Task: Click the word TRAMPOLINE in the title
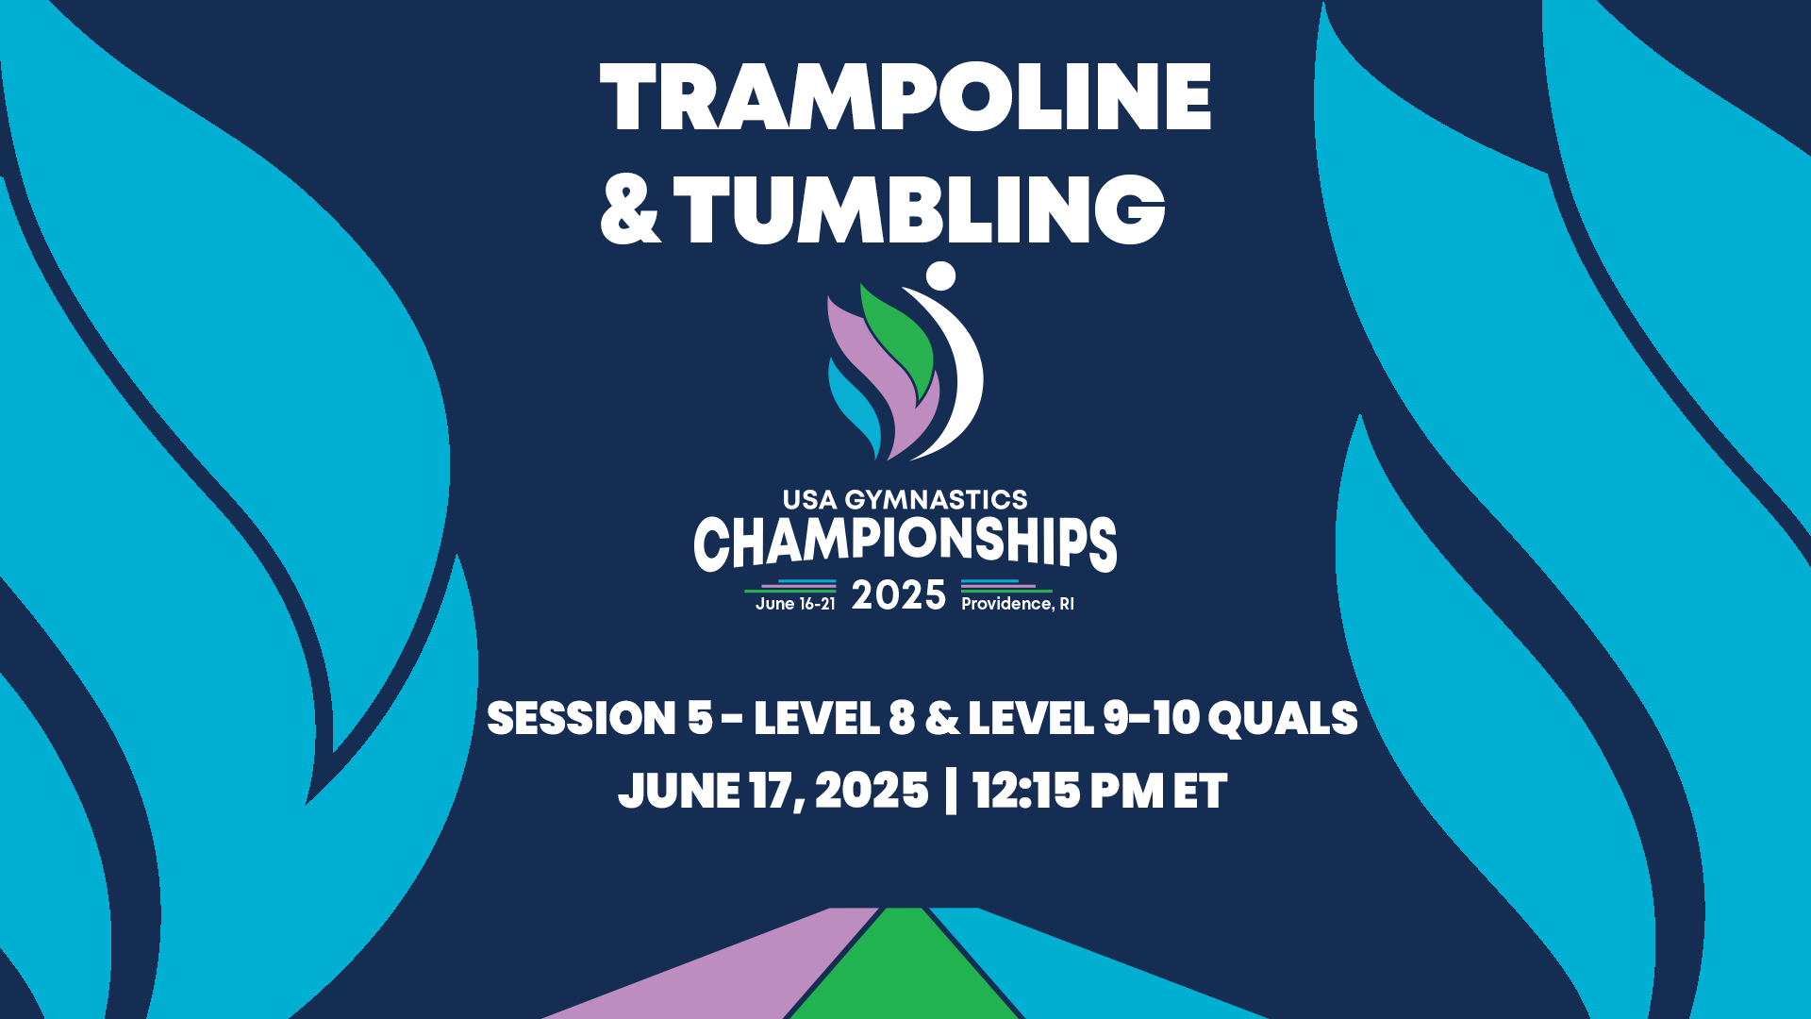click(905, 97)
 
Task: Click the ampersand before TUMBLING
click(630, 211)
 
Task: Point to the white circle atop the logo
click(940, 276)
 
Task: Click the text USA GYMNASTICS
click(905, 499)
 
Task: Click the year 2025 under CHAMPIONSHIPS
click(898, 596)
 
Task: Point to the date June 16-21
click(795, 604)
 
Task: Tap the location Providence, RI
click(1017, 604)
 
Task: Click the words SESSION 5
click(599, 719)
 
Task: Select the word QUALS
click(1282, 719)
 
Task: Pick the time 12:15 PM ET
click(1099, 791)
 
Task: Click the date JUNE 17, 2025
click(773, 791)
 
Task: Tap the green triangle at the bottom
click(905, 972)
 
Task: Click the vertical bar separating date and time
click(950, 791)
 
